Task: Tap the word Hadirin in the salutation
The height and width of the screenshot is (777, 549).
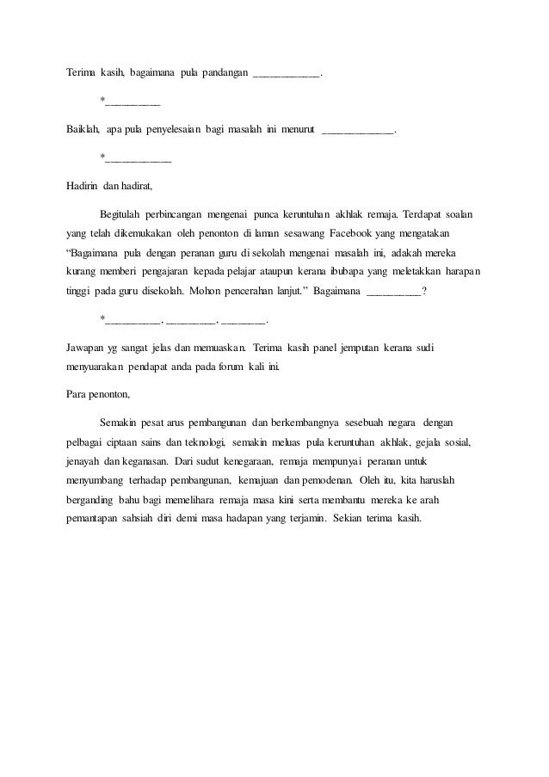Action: (83, 185)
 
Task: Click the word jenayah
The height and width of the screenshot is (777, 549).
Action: (84, 464)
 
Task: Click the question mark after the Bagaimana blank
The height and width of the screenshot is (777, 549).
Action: (423, 290)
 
